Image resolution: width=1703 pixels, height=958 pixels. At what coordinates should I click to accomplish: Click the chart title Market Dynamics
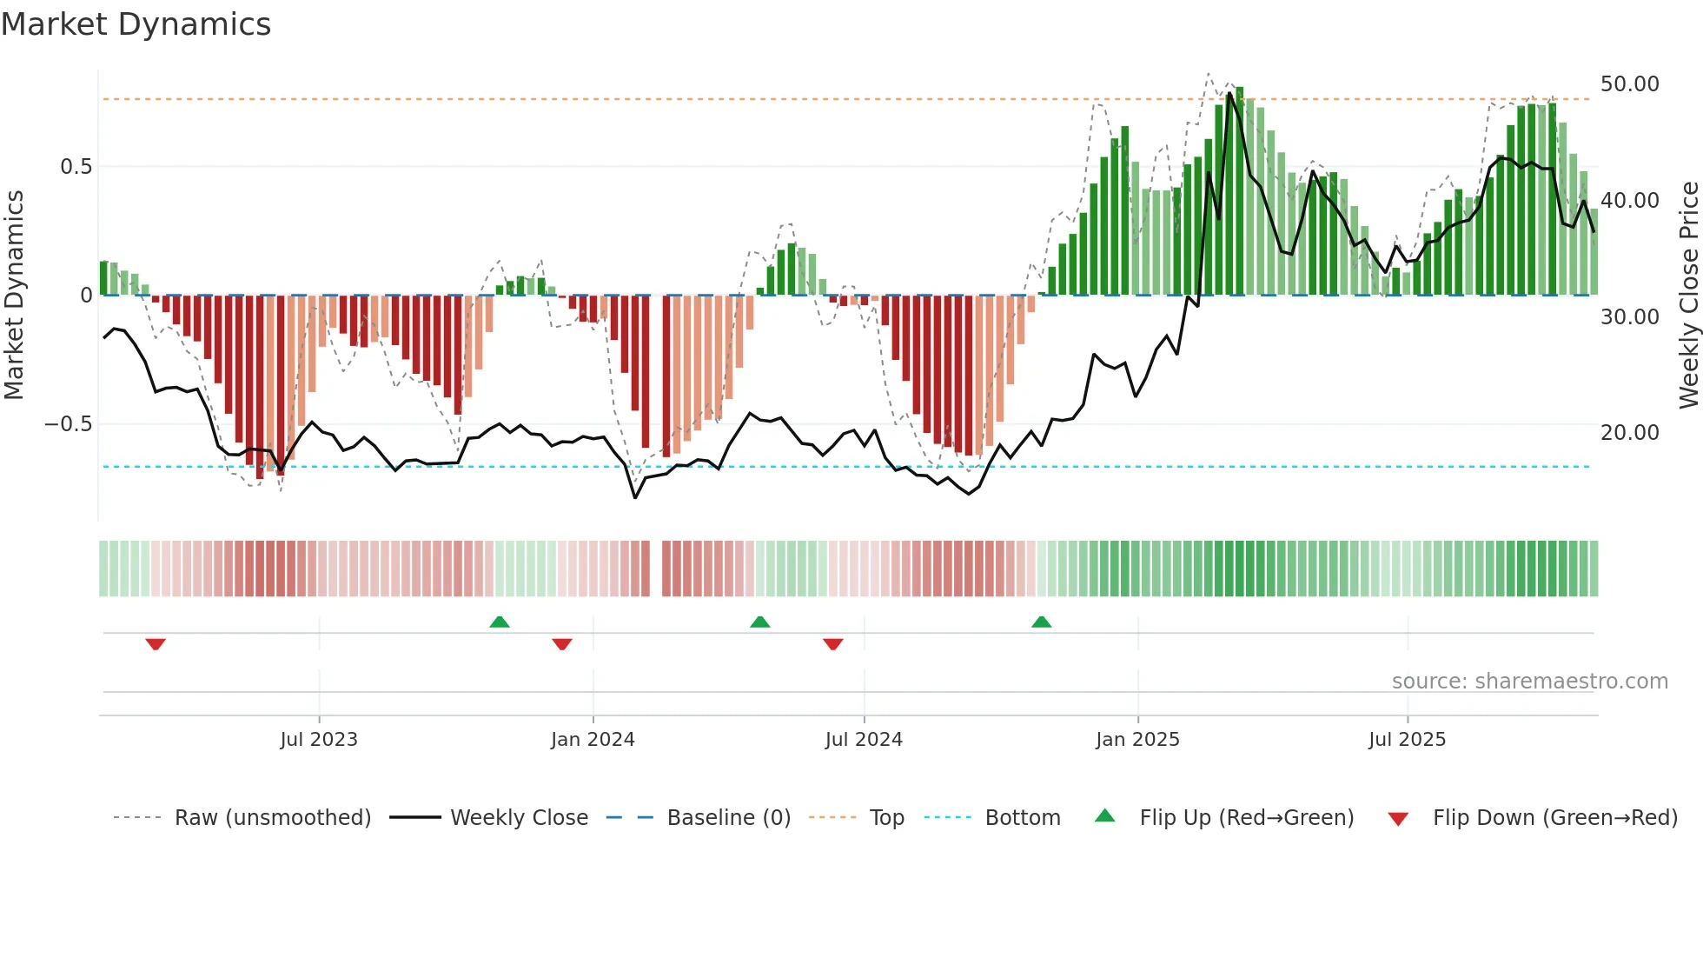136,24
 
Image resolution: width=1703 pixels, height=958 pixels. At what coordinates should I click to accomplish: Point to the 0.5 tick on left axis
76,167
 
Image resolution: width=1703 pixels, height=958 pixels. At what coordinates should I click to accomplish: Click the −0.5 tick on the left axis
68,424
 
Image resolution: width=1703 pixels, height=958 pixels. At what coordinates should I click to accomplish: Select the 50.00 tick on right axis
1629,84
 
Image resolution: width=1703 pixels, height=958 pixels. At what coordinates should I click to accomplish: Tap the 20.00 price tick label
1629,432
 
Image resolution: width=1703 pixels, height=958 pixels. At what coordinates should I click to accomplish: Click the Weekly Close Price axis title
1688,296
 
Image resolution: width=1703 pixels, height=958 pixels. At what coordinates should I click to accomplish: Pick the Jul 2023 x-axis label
319,740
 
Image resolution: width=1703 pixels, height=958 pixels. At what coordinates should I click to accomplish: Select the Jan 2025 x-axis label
1137,740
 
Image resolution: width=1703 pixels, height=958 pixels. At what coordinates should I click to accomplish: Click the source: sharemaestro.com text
1529,682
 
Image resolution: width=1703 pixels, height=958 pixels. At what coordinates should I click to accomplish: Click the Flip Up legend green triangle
1104,815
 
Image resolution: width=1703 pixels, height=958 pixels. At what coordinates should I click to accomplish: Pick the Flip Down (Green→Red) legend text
1554,818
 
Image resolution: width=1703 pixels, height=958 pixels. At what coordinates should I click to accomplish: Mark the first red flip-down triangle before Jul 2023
156,644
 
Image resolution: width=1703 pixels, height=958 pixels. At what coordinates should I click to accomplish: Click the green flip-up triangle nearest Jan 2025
1041,622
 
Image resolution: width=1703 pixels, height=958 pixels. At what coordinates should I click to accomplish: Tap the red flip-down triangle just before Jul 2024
832,644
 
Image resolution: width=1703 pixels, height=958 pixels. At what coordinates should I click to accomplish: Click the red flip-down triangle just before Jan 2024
562,644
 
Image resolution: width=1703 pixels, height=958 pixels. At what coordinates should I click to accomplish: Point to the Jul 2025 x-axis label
1407,740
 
